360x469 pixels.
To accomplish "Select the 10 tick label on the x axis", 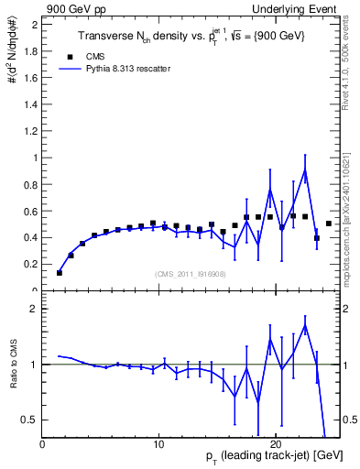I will pyautogui.click(x=158, y=444).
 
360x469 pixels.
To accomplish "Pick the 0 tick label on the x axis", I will pyautogui.click(x=42, y=444).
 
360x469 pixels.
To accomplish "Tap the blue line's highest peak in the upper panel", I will pyautogui.click(x=304, y=169).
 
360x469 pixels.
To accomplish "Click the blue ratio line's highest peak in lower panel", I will pyautogui.click(x=304, y=325).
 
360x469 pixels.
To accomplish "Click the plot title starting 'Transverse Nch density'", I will pyautogui.click(x=190, y=37).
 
